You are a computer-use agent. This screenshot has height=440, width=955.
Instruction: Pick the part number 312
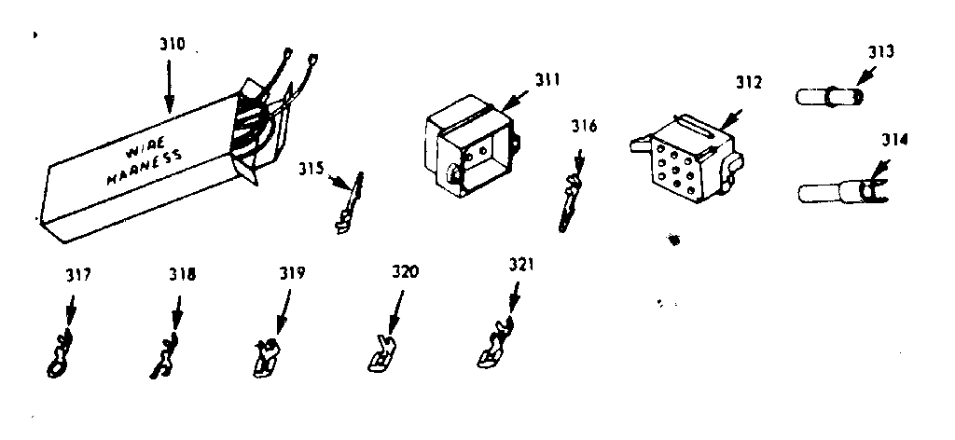tap(747, 82)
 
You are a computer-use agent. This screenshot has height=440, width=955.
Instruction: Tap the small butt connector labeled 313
tap(829, 96)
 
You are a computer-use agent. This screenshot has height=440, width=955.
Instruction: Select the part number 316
tap(587, 126)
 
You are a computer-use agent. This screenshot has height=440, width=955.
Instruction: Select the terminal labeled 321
tap(494, 345)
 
